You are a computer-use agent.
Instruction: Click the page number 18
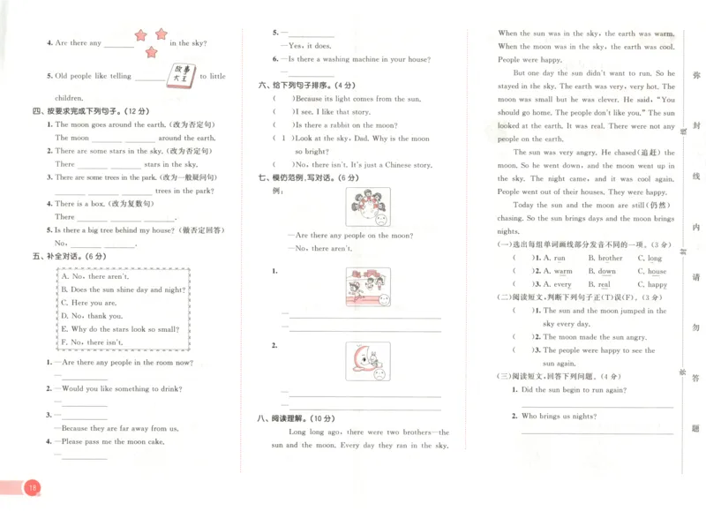[x=32, y=487]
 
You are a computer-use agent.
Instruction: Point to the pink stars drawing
[x=149, y=41]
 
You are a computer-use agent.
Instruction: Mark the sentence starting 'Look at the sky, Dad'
[x=362, y=139]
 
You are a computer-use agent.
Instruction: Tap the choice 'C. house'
[x=652, y=272]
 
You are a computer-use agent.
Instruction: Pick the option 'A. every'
[x=552, y=285]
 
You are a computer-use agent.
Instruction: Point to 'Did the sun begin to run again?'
[x=574, y=389]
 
